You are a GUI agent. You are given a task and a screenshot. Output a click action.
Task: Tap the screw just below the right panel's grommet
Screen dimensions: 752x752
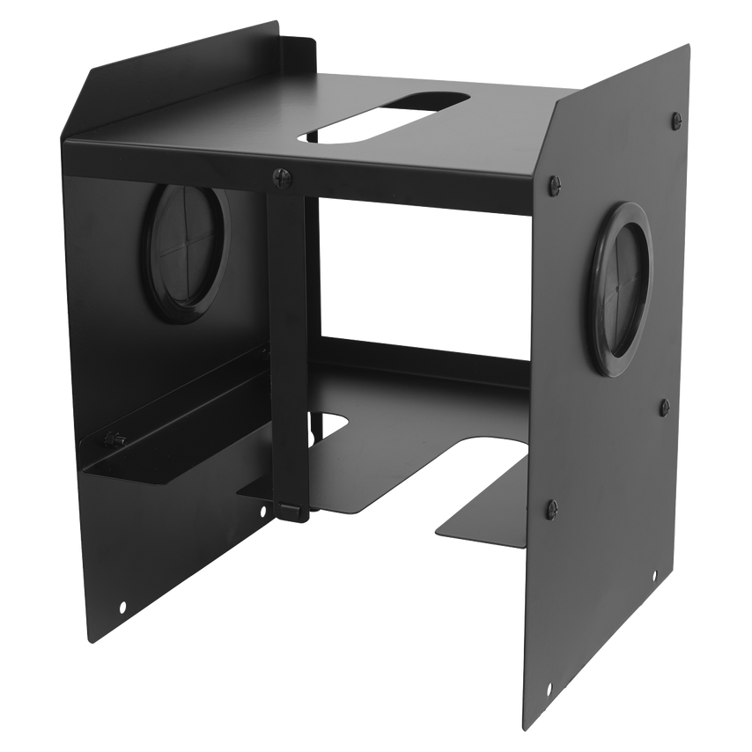coord(665,407)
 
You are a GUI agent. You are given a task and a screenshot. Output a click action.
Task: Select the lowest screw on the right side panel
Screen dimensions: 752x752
coord(552,507)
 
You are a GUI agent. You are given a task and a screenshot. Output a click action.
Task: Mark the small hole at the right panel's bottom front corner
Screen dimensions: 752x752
coord(549,690)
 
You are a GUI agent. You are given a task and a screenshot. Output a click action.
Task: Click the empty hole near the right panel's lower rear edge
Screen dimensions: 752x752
coord(653,572)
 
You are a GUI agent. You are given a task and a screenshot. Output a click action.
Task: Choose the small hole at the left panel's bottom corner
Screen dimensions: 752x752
coord(122,606)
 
